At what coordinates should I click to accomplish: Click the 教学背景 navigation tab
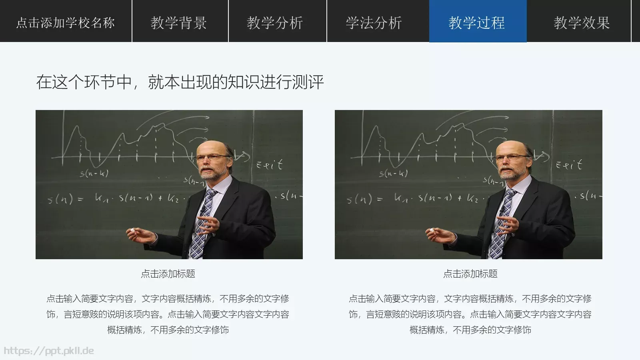(x=179, y=22)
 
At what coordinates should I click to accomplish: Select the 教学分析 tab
(x=275, y=22)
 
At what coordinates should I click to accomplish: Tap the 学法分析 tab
(x=374, y=22)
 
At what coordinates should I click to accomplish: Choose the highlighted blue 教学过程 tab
(x=477, y=22)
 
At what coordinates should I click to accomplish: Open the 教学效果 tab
(x=582, y=22)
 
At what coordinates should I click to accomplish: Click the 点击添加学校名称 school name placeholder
(x=65, y=22)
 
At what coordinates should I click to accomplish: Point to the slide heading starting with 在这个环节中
(x=180, y=82)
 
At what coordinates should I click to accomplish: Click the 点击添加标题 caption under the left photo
(x=168, y=274)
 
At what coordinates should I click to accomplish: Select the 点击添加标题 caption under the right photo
(x=470, y=274)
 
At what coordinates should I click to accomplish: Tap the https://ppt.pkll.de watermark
(x=49, y=351)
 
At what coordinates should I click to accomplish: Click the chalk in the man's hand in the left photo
(x=131, y=231)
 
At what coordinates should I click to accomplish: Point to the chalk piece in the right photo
(x=430, y=231)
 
